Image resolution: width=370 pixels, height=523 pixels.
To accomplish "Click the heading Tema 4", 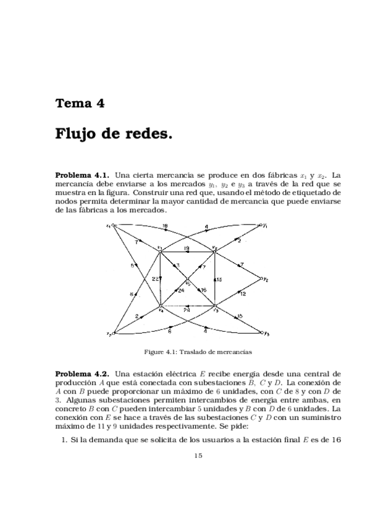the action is click(80, 103).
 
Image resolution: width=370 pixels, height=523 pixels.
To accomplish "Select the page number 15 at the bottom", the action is click(198, 456).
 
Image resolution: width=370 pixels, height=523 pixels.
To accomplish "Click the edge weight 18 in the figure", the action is click(165, 227).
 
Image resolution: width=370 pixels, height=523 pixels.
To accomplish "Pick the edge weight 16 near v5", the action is click(203, 290).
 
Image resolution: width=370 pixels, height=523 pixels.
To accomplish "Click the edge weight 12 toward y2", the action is click(243, 295).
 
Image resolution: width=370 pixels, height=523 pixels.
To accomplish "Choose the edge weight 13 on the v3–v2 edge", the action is click(219, 279).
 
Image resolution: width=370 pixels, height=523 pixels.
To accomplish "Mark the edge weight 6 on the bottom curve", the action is click(169, 332).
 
